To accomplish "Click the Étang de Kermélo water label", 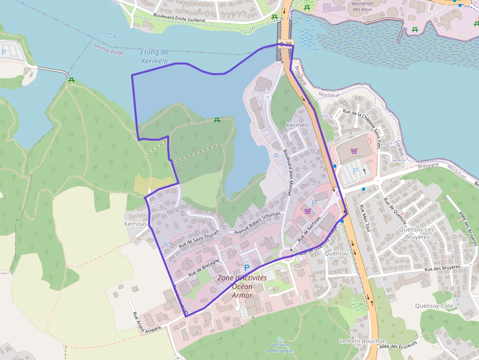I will (154, 57).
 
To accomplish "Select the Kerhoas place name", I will (135, 224).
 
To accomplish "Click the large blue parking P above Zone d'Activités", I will (247, 268).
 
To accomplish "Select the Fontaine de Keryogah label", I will (279, 347).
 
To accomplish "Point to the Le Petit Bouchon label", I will (363, 341).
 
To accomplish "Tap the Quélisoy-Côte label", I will (434, 306).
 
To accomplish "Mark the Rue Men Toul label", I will (365, 215).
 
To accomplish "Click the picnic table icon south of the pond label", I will (217, 120).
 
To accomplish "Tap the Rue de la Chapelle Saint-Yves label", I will (362, 122).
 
